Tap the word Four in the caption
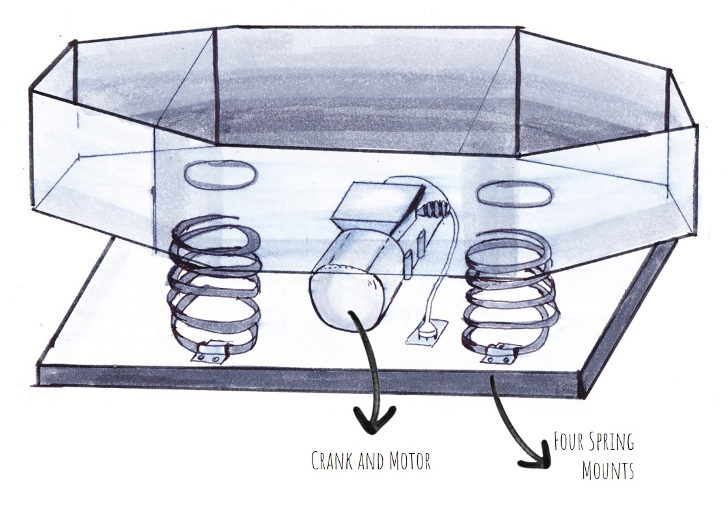point(567,443)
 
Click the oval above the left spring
point(219,176)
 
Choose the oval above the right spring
point(514,193)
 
